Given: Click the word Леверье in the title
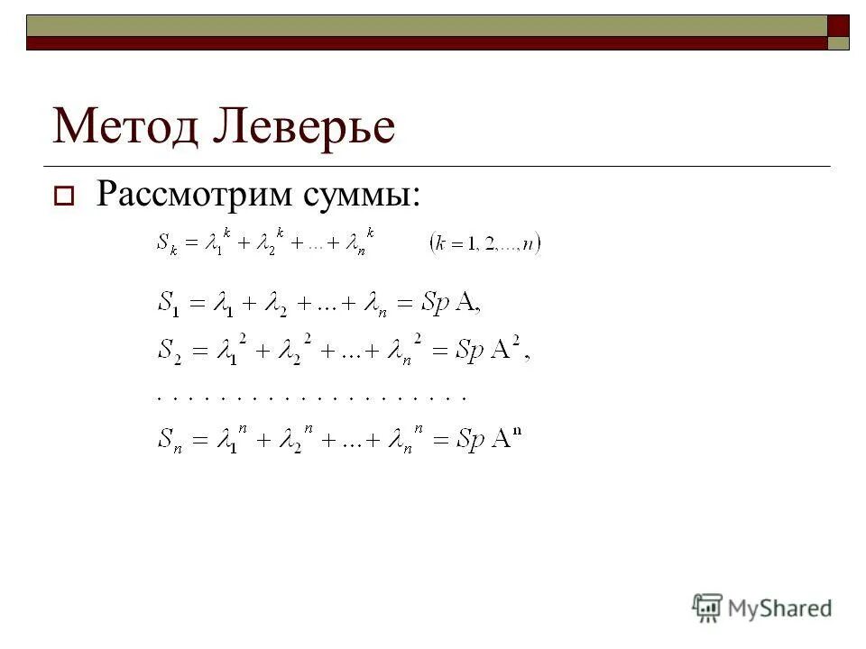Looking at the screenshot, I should [x=304, y=126].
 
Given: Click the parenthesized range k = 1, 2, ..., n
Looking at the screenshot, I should [x=484, y=243].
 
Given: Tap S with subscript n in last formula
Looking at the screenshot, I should [x=169, y=441].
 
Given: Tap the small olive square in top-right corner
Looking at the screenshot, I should [x=839, y=43].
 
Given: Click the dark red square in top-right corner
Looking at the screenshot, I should [x=839, y=24].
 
